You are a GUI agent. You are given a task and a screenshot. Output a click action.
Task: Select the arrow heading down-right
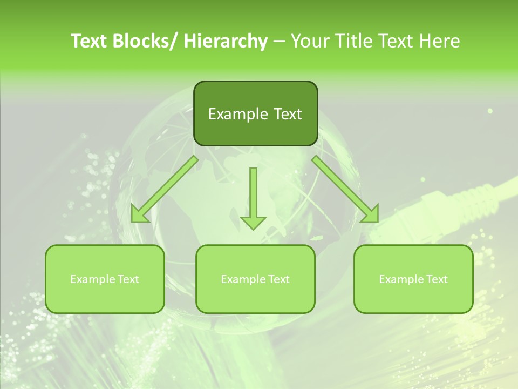346,190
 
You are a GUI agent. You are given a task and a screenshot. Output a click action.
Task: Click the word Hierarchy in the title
226,41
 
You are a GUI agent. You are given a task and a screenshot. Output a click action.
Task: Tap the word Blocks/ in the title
148,41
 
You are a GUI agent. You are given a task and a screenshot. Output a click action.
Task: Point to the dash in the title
279,42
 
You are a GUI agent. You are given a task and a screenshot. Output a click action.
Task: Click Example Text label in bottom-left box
105,279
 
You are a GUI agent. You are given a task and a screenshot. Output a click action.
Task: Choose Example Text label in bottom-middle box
255,279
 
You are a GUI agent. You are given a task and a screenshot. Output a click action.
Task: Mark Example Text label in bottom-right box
413,279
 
